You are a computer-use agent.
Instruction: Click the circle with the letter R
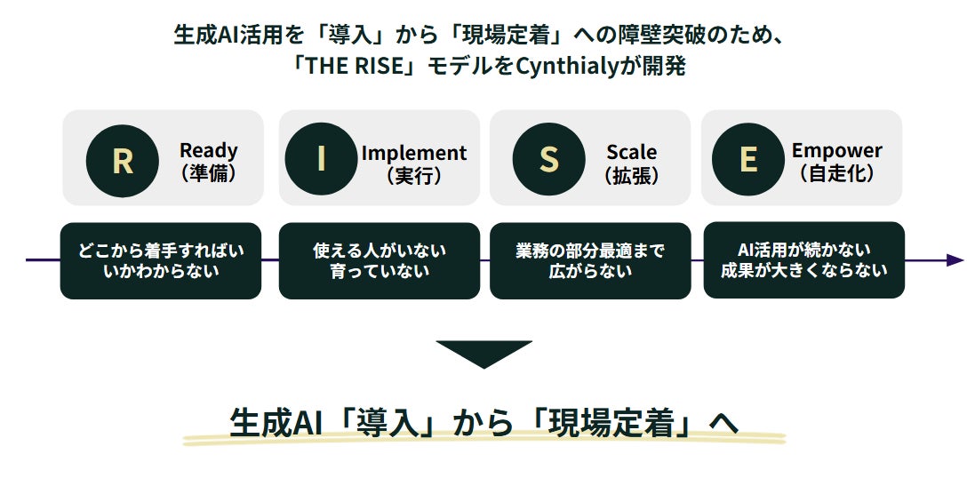(123, 160)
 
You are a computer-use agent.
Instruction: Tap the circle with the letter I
(321, 159)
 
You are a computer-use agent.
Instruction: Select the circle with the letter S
(549, 159)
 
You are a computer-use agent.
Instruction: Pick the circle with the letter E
(748, 159)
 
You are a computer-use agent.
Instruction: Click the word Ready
(209, 150)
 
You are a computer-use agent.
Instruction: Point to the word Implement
(414, 153)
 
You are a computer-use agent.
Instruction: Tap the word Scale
(632, 151)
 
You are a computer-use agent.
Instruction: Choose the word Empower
(836, 150)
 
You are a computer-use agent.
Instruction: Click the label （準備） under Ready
(209, 173)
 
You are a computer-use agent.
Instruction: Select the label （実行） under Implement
(414, 175)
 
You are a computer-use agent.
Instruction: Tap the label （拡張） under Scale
(632, 175)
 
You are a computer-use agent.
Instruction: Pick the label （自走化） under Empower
(836, 173)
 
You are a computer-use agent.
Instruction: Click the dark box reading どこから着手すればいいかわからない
(161, 260)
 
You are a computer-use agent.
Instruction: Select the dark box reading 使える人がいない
(380, 260)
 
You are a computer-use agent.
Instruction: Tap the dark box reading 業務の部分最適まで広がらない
(590, 260)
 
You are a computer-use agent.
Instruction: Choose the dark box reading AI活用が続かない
(804, 259)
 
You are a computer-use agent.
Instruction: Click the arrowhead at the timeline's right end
(955, 260)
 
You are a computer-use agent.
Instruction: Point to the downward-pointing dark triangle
(484, 353)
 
